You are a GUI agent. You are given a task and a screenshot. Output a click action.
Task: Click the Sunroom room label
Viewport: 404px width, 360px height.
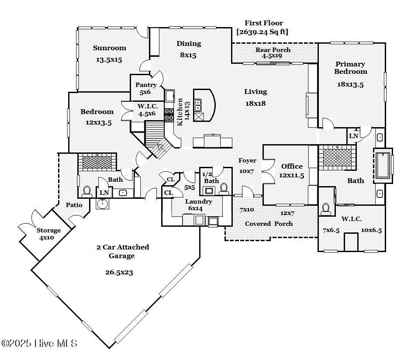(109, 48)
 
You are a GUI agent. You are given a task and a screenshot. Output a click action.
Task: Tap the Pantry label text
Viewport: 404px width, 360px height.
(146, 85)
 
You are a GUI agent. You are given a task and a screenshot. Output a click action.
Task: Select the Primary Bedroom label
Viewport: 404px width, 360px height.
(351, 68)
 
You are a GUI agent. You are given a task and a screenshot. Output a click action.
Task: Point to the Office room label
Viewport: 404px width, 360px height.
(292, 166)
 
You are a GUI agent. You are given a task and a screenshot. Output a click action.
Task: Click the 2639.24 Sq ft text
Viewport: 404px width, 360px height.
(262, 32)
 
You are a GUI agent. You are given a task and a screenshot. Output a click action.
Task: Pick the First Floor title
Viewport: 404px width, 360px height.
(263, 23)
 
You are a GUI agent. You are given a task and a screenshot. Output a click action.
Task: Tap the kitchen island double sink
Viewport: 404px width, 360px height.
(198, 105)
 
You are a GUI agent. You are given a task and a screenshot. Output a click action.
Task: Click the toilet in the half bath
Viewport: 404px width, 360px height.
(224, 188)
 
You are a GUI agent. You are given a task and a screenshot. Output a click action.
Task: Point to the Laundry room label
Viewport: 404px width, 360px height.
(199, 201)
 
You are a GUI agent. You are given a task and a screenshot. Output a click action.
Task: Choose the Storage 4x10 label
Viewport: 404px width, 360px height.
(48, 231)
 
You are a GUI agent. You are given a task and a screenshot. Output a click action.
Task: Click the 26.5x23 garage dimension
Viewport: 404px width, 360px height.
(119, 272)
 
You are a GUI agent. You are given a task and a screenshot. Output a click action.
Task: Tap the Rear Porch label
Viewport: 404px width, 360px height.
(273, 50)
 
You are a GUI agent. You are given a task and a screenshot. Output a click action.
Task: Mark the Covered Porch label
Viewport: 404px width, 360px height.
(269, 224)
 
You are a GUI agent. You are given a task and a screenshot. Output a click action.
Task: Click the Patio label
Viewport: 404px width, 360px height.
(74, 204)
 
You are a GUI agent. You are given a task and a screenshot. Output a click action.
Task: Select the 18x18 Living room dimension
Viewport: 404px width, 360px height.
(256, 104)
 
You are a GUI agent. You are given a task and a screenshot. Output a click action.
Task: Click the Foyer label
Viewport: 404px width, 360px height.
(246, 160)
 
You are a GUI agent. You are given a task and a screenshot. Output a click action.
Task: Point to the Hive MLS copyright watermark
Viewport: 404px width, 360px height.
(39, 343)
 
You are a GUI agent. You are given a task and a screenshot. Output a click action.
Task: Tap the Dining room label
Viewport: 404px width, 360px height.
(189, 44)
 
